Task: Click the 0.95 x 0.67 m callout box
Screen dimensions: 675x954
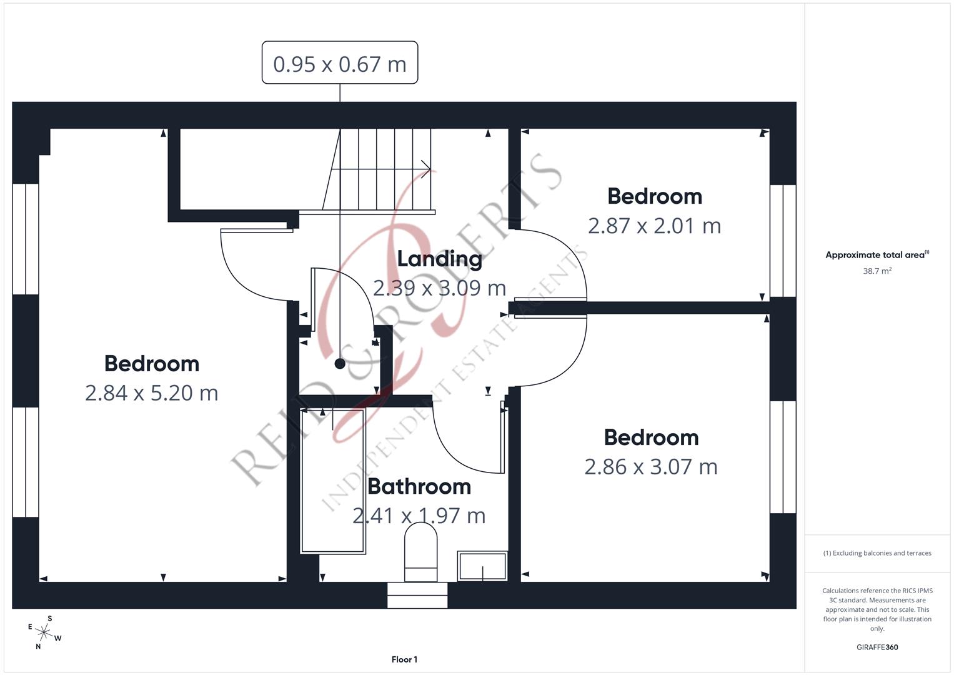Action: [339, 63]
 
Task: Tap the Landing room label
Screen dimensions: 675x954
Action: [439, 258]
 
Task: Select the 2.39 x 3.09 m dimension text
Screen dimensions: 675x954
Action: [439, 287]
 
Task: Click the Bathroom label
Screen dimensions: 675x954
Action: [419, 486]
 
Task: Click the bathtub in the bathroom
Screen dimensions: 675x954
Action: [333, 481]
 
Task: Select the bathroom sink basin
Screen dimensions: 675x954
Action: [482, 566]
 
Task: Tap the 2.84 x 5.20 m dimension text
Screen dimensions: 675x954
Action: [152, 392]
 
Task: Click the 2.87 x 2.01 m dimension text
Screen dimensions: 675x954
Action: [654, 226]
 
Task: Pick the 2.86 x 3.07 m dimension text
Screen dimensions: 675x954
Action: [651, 466]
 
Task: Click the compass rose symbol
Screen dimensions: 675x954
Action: [44, 632]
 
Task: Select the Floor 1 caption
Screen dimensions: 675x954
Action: [404, 659]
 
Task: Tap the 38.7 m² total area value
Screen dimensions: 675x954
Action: [877, 271]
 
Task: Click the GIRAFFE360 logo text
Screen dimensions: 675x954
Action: [877, 647]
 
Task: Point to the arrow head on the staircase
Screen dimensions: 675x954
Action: [426, 169]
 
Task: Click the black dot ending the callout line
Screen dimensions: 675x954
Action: [340, 364]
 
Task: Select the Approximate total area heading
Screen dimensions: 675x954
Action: [877, 255]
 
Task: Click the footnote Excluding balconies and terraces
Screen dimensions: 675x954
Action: [877, 553]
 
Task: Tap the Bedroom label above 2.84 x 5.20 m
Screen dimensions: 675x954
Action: [152, 363]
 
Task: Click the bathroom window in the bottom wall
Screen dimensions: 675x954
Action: [417, 595]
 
